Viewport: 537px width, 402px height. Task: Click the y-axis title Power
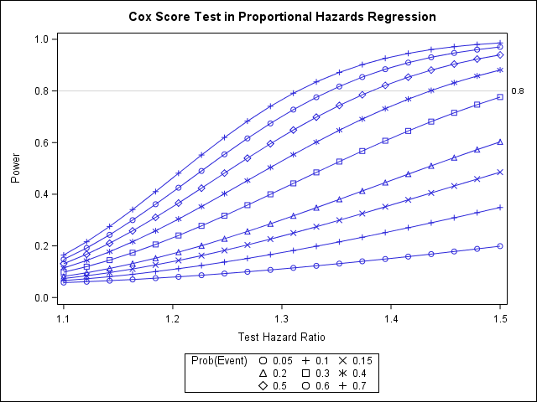point(16,167)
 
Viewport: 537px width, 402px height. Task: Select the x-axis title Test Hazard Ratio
point(282,338)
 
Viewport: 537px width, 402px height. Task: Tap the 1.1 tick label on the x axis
point(63,319)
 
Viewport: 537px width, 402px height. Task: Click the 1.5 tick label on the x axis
point(500,319)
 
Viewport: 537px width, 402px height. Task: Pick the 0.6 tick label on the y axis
point(39,142)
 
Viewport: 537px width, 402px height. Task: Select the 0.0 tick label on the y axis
point(39,297)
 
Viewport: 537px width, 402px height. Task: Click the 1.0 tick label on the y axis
point(39,39)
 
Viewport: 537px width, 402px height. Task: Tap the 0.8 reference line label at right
point(518,90)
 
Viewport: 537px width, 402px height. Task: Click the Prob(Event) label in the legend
point(220,360)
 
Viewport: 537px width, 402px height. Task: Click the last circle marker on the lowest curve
point(500,246)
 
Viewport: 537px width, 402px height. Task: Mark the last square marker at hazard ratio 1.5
point(500,97)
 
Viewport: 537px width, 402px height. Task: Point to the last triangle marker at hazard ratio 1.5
point(500,142)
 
